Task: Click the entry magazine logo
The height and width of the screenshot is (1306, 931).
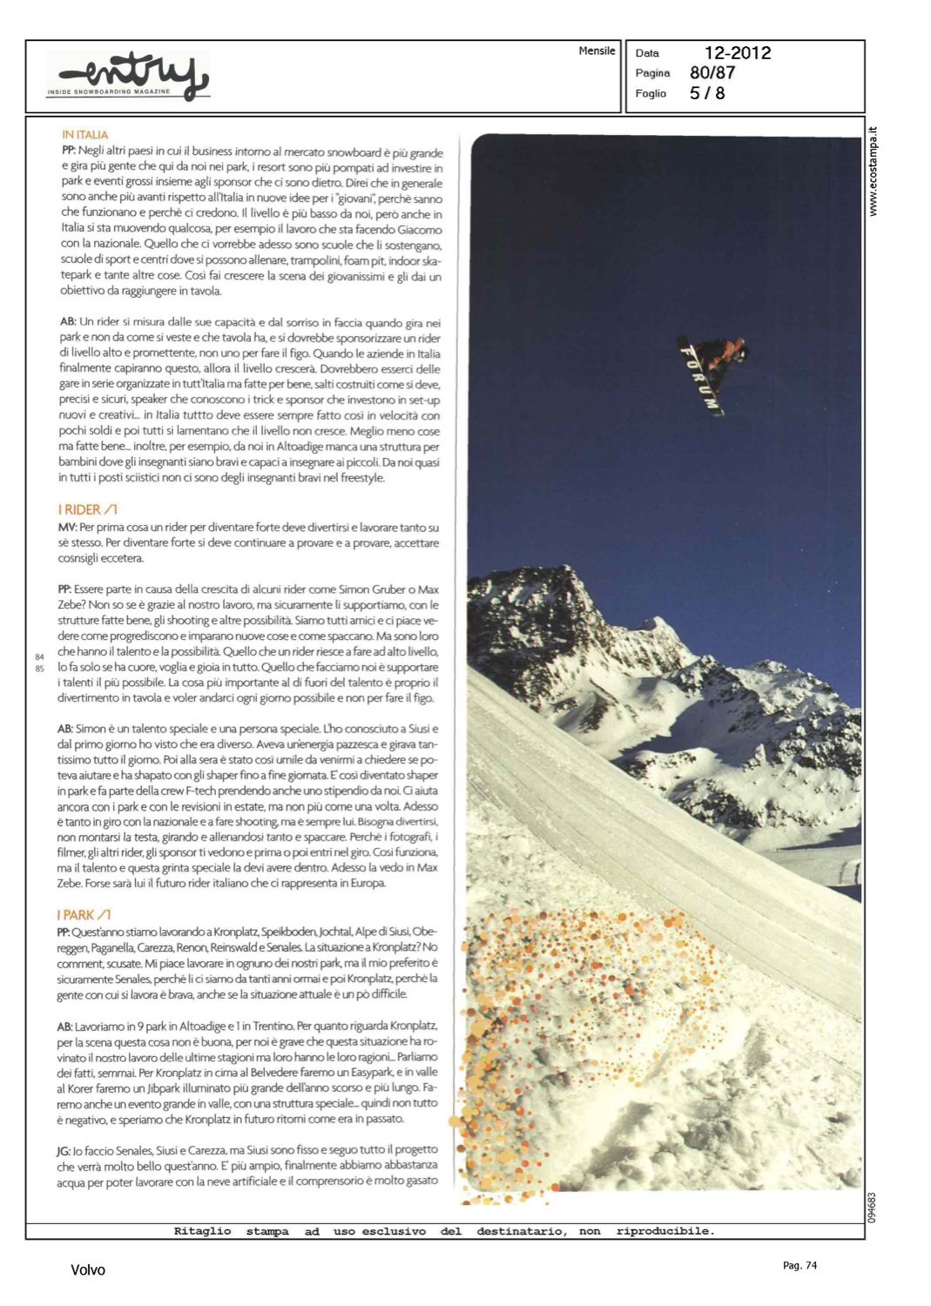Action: pos(128,77)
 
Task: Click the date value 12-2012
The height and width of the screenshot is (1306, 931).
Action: pos(737,53)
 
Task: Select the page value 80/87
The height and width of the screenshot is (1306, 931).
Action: pos(712,73)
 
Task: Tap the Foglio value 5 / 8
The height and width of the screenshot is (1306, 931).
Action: pos(706,93)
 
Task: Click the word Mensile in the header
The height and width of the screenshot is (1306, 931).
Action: pos(597,51)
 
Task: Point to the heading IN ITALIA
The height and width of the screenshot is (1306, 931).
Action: pos(85,135)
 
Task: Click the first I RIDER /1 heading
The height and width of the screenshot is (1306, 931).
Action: pos(87,510)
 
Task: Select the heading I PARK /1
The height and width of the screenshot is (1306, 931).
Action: pos(84,915)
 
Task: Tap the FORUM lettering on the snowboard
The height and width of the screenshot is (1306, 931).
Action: pos(699,377)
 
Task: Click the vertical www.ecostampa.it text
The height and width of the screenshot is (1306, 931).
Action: pos(874,172)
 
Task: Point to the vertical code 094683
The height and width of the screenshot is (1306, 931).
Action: pos(872,1207)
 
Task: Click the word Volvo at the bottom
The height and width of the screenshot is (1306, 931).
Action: pos(88,1270)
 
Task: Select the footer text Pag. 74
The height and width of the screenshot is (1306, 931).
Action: pos(799,1266)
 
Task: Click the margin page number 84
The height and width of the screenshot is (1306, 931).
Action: pos(39,656)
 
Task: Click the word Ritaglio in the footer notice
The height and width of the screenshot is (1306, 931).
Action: pos(202,1231)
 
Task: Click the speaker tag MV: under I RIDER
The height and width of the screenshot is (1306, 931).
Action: pos(67,528)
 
